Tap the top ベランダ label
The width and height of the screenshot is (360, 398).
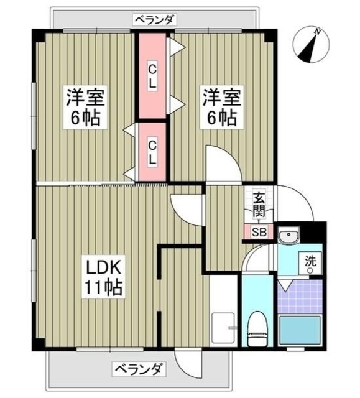(x=155, y=19)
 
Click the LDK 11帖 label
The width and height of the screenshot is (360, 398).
(x=103, y=279)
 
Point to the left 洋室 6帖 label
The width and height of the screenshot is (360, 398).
(x=86, y=107)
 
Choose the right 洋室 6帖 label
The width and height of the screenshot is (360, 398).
(x=221, y=107)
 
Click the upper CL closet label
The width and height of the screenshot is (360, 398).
(x=152, y=76)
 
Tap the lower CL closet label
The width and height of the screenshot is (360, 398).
(x=152, y=153)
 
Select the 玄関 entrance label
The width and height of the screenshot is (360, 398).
(x=259, y=204)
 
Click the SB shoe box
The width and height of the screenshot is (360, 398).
(x=259, y=232)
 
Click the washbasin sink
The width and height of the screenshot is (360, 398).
(x=288, y=236)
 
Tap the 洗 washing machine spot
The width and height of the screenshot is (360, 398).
(x=310, y=263)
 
